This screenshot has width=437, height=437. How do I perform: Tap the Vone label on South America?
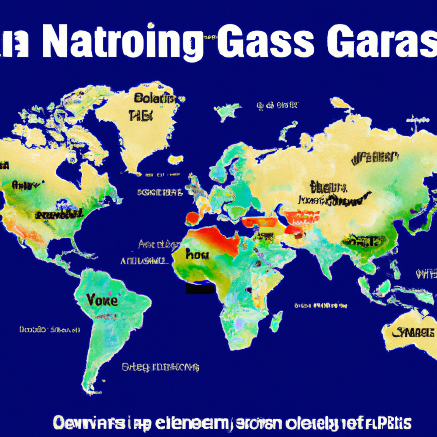pyautogui.click(x=102, y=300)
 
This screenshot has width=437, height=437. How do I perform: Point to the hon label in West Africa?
pyautogui.click(x=197, y=255)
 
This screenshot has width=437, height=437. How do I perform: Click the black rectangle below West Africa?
pyautogui.click(x=200, y=288)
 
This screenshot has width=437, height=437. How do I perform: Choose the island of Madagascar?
pyautogui.click(x=276, y=321)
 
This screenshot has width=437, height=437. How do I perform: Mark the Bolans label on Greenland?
pyautogui.click(x=154, y=98)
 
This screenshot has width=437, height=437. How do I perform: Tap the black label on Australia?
pyautogui.click(x=413, y=333)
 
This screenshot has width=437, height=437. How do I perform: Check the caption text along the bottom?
pyautogui.click(x=232, y=423)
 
